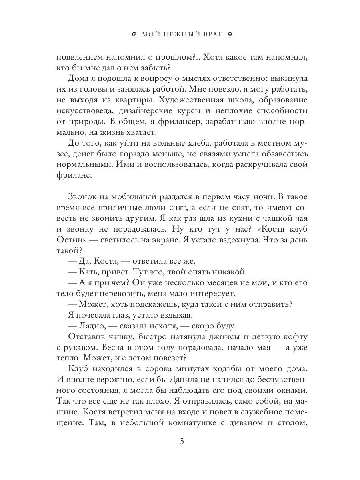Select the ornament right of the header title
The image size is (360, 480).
230,34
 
